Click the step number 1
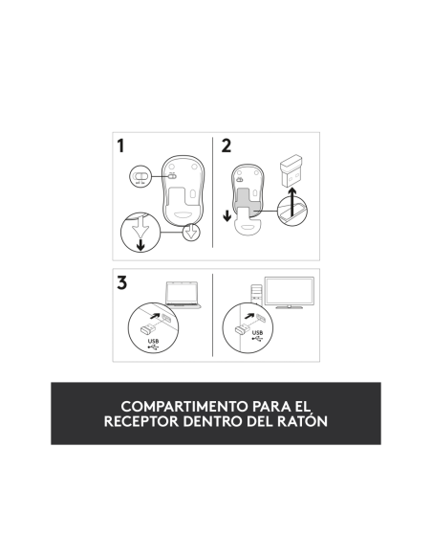121,146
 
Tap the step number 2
226,146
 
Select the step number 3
121,282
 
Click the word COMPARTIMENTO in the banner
184,406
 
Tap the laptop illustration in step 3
183,295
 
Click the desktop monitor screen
290,292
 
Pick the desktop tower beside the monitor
256,295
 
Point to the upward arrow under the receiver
292,202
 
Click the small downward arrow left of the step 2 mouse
227,215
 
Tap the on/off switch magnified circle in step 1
140,176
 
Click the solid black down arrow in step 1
140,245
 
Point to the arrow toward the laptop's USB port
155,315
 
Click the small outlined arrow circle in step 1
191,232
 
